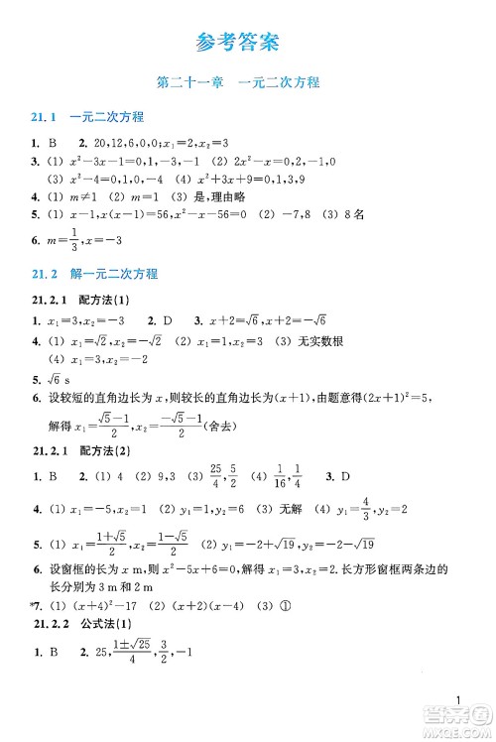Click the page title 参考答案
tap(237, 43)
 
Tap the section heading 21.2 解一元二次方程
tap(95, 274)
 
